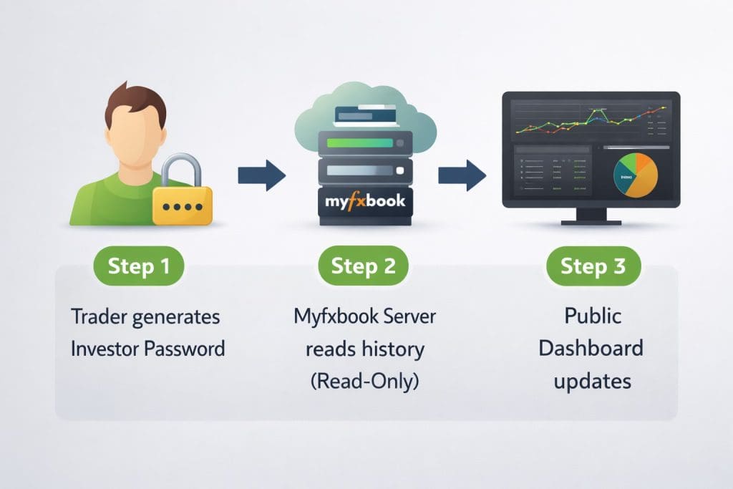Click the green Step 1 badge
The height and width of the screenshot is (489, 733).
[138, 266]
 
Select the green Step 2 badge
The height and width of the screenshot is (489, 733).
[363, 266]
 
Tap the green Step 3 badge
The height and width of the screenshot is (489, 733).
[593, 266]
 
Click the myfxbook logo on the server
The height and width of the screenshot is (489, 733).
[364, 200]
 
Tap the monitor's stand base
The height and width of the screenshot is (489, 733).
[591, 221]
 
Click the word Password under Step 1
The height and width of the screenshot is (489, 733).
[185, 349]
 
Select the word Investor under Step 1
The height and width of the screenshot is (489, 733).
[105, 349]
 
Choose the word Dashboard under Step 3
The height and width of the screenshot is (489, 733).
[591, 349]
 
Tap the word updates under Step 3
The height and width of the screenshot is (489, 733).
[592, 381]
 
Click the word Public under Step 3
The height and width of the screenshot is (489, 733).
[592, 316]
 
